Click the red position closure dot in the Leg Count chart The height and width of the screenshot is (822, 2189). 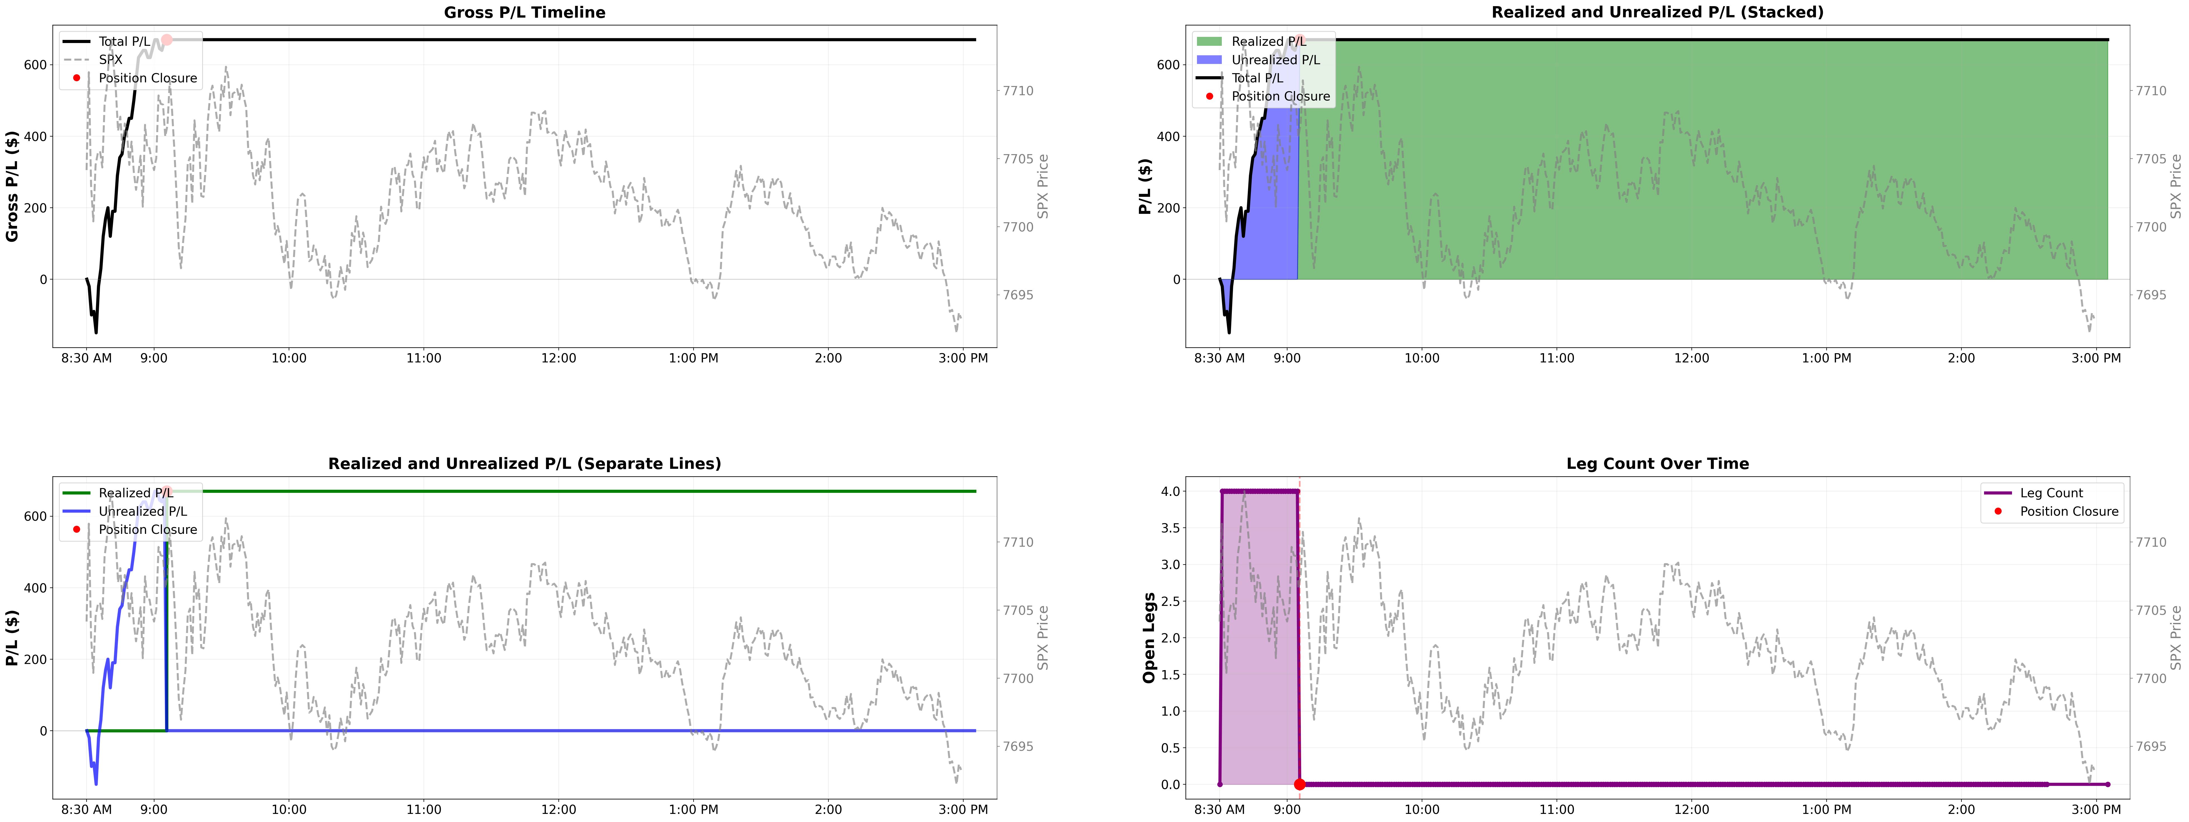[1299, 784]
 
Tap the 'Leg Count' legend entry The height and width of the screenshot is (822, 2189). [2051, 493]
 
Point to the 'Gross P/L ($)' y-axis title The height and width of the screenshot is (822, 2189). [13, 186]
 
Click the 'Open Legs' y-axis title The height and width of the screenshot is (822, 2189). [1149, 637]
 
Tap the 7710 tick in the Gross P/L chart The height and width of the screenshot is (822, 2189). [1018, 91]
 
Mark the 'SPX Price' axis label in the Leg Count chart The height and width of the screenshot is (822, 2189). [2175, 637]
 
